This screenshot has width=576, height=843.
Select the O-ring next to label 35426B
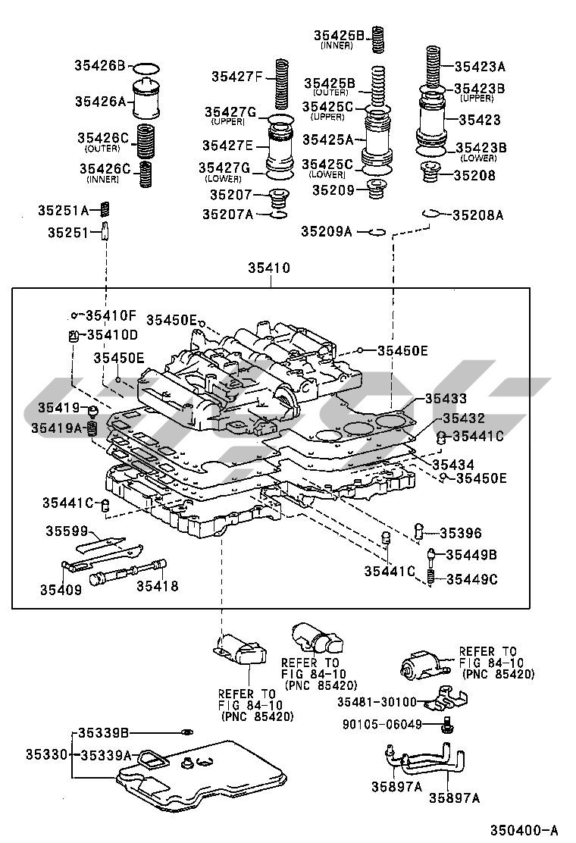click(149, 67)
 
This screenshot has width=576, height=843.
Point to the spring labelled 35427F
click(283, 83)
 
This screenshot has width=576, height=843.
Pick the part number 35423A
click(479, 66)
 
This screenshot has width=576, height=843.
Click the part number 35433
click(445, 398)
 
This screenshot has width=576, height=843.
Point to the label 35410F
click(111, 315)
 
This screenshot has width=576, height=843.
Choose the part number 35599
click(67, 531)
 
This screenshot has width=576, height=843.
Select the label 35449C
click(471, 579)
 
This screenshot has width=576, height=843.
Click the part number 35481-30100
click(377, 702)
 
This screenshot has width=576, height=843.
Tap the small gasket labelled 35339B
click(186, 732)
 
